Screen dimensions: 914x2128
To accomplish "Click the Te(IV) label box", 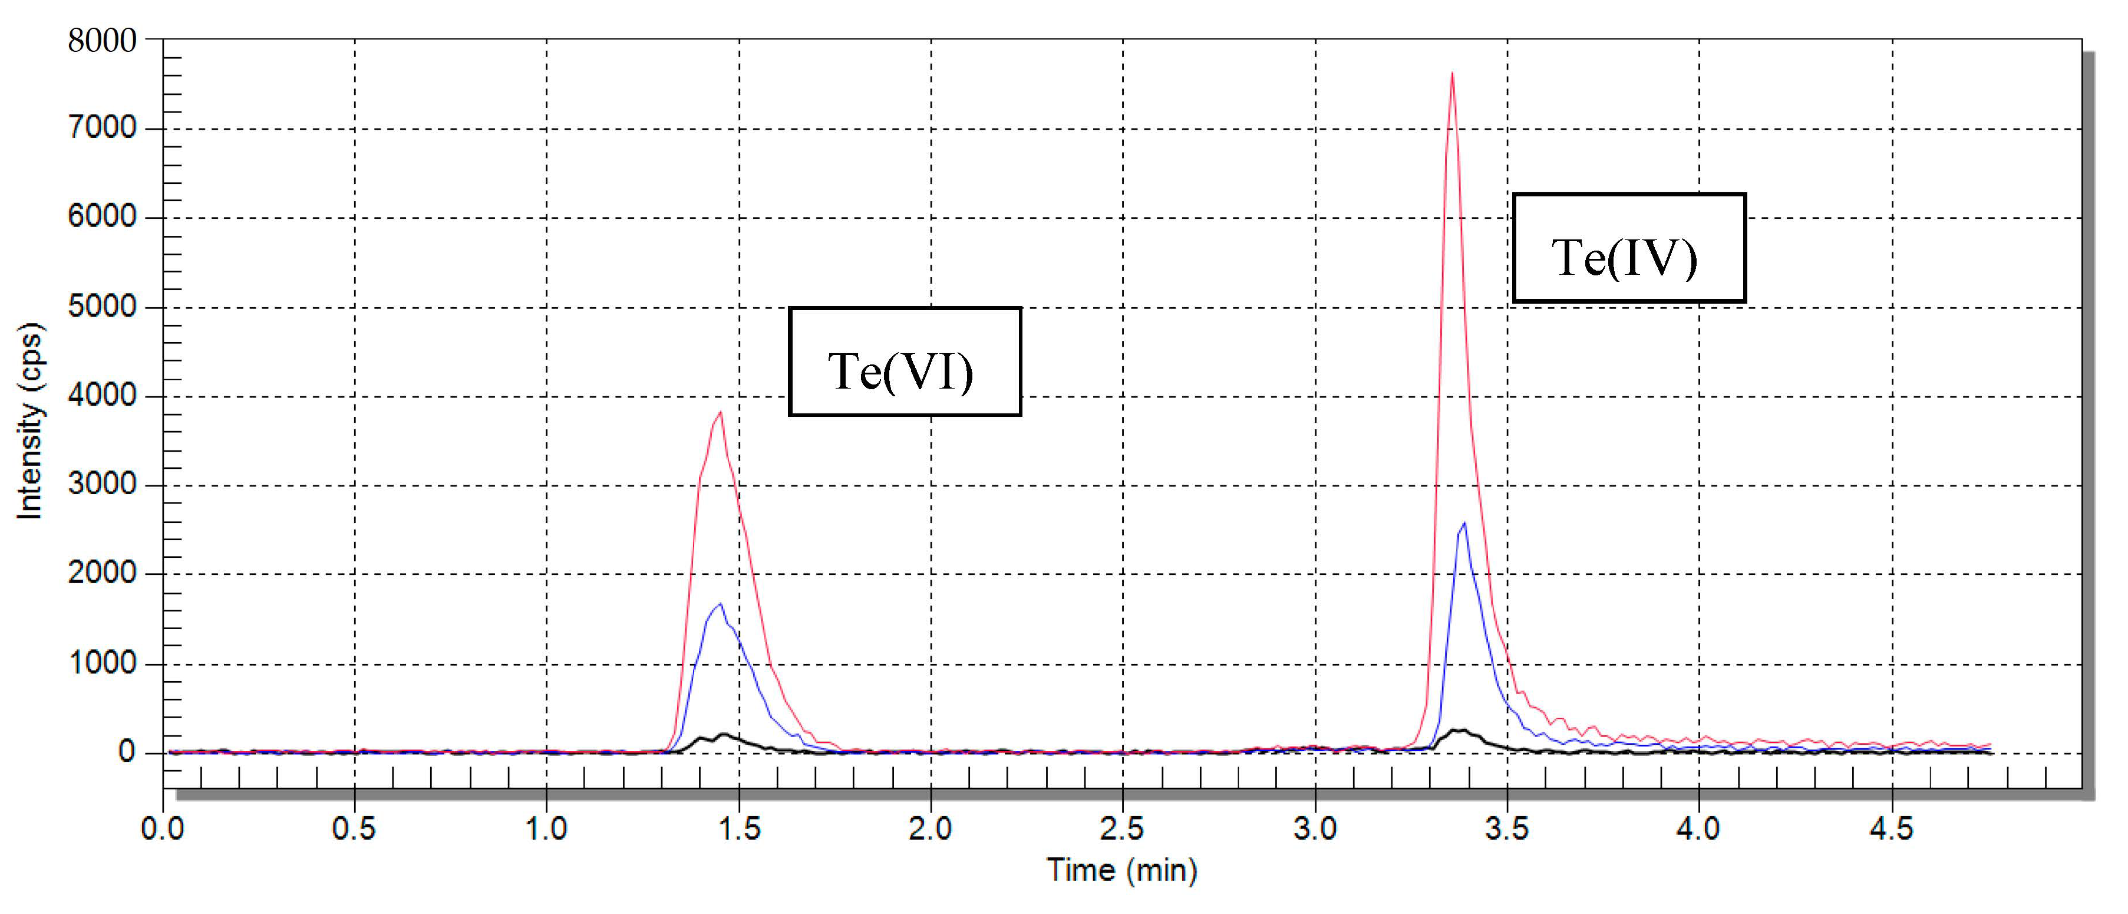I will pos(1628,248).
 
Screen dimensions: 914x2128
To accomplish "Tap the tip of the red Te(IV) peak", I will pos(1451,74).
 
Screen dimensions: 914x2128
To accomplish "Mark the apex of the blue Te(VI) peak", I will pos(720,604).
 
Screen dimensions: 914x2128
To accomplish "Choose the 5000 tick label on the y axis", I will pos(101,307).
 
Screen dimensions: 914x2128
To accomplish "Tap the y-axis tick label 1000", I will pos(101,663).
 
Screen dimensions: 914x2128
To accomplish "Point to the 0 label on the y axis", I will pos(126,752).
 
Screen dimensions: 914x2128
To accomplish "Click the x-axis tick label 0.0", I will pos(163,828).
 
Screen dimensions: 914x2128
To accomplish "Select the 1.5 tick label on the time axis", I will pos(738,828).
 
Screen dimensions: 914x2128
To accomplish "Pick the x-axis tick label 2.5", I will pos(1122,828).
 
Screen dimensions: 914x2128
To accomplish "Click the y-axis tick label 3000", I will pos(101,484).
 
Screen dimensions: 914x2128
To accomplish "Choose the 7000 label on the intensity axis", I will pos(101,128).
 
